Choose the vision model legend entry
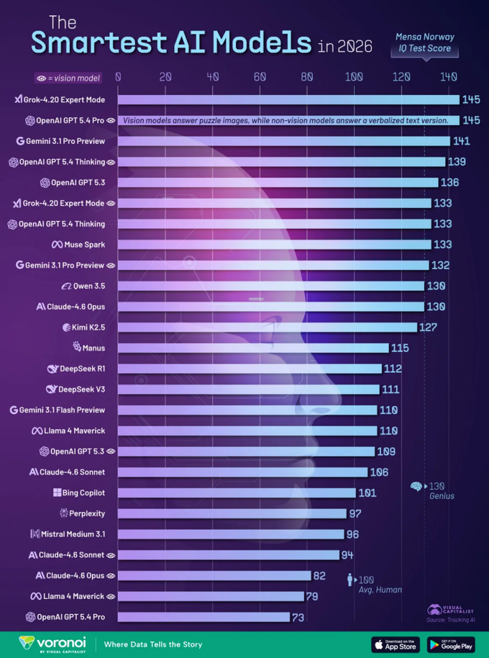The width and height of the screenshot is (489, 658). (x=68, y=78)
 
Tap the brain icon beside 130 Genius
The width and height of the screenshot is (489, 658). (x=416, y=486)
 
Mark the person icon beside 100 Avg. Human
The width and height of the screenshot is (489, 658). (x=350, y=580)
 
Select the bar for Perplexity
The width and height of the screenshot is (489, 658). (x=232, y=513)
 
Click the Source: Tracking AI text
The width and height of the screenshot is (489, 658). (x=447, y=620)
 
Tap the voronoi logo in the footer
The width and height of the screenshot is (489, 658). (x=52, y=643)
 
